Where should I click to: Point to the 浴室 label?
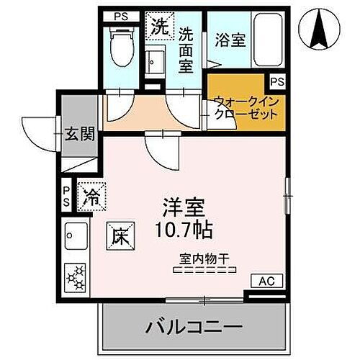pyautogui.click(x=230, y=41)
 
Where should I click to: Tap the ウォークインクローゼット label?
pyautogui.click(x=244, y=109)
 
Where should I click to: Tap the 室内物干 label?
pyautogui.click(x=204, y=257)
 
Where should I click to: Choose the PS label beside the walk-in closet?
pyautogui.click(x=278, y=81)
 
